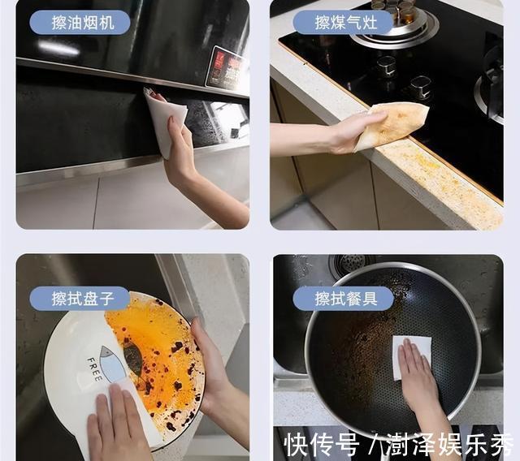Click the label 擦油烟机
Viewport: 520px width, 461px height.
pyautogui.click(x=79, y=22)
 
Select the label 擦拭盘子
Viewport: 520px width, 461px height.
pyautogui.click(x=79, y=298)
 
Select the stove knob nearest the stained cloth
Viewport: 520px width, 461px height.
pyautogui.click(x=420, y=86)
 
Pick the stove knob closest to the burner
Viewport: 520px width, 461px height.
pyautogui.click(x=386, y=66)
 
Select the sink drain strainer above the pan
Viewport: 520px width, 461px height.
pyautogui.click(x=351, y=265)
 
